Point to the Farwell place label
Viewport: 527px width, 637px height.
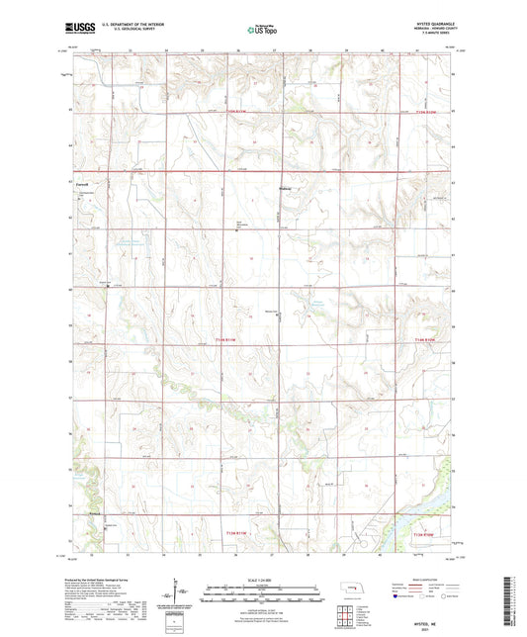pos(84,184)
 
